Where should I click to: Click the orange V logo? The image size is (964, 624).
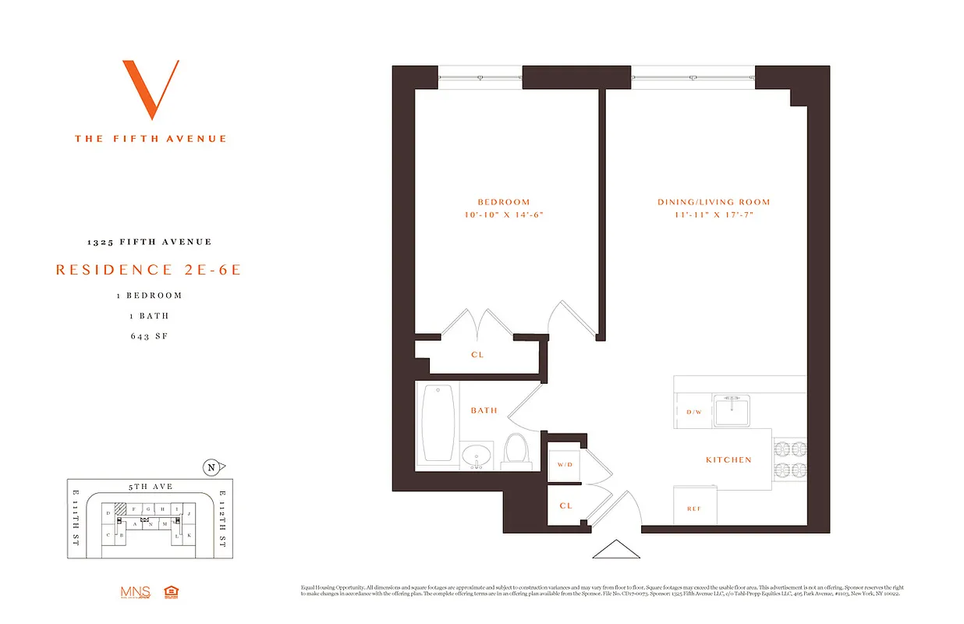[x=151, y=89]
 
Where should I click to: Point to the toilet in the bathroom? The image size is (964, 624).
[x=515, y=451]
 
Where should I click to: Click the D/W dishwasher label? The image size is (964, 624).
[x=693, y=411]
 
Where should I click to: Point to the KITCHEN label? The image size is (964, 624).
[x=728, y=460]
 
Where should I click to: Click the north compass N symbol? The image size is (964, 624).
[x=211, y=468]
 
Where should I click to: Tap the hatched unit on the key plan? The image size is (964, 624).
[x=120, y=509]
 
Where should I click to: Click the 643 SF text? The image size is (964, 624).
[x=151, y=337]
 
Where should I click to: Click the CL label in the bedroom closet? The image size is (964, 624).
[x=477, y=355]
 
